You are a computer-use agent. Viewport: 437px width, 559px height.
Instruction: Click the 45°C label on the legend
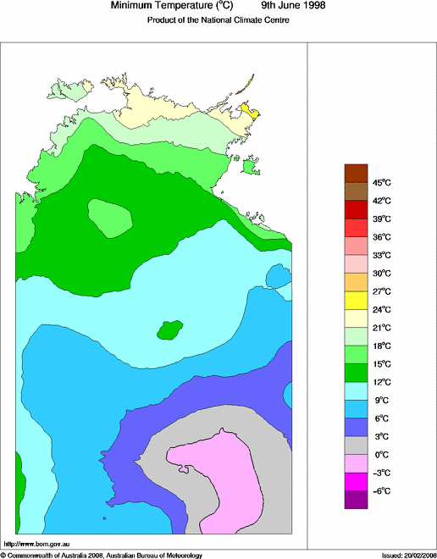click(381, 183)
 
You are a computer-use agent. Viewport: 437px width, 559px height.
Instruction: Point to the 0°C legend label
click(381, 455)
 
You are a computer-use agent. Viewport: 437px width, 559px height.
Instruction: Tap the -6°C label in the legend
click(381, 491)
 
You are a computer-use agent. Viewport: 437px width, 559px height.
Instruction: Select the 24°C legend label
click(381, 310)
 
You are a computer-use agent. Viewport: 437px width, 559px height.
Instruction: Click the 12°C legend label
click(381, 382)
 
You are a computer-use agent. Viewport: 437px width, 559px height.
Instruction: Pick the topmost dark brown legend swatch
click(356, 173)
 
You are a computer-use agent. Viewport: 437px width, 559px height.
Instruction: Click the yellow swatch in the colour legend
click(356, 300)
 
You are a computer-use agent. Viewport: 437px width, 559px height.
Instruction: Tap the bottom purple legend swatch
click(356, 500)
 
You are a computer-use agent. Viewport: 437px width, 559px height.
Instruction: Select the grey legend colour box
click(356, 445)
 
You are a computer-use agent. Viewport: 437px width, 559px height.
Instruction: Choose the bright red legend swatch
click(356, 227)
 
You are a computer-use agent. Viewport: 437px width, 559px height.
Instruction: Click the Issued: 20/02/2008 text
click(408, 555)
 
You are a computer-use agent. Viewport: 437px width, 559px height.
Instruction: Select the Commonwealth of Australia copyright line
click(102, 555)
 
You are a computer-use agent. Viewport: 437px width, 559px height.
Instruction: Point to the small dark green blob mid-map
click(171, 329)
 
